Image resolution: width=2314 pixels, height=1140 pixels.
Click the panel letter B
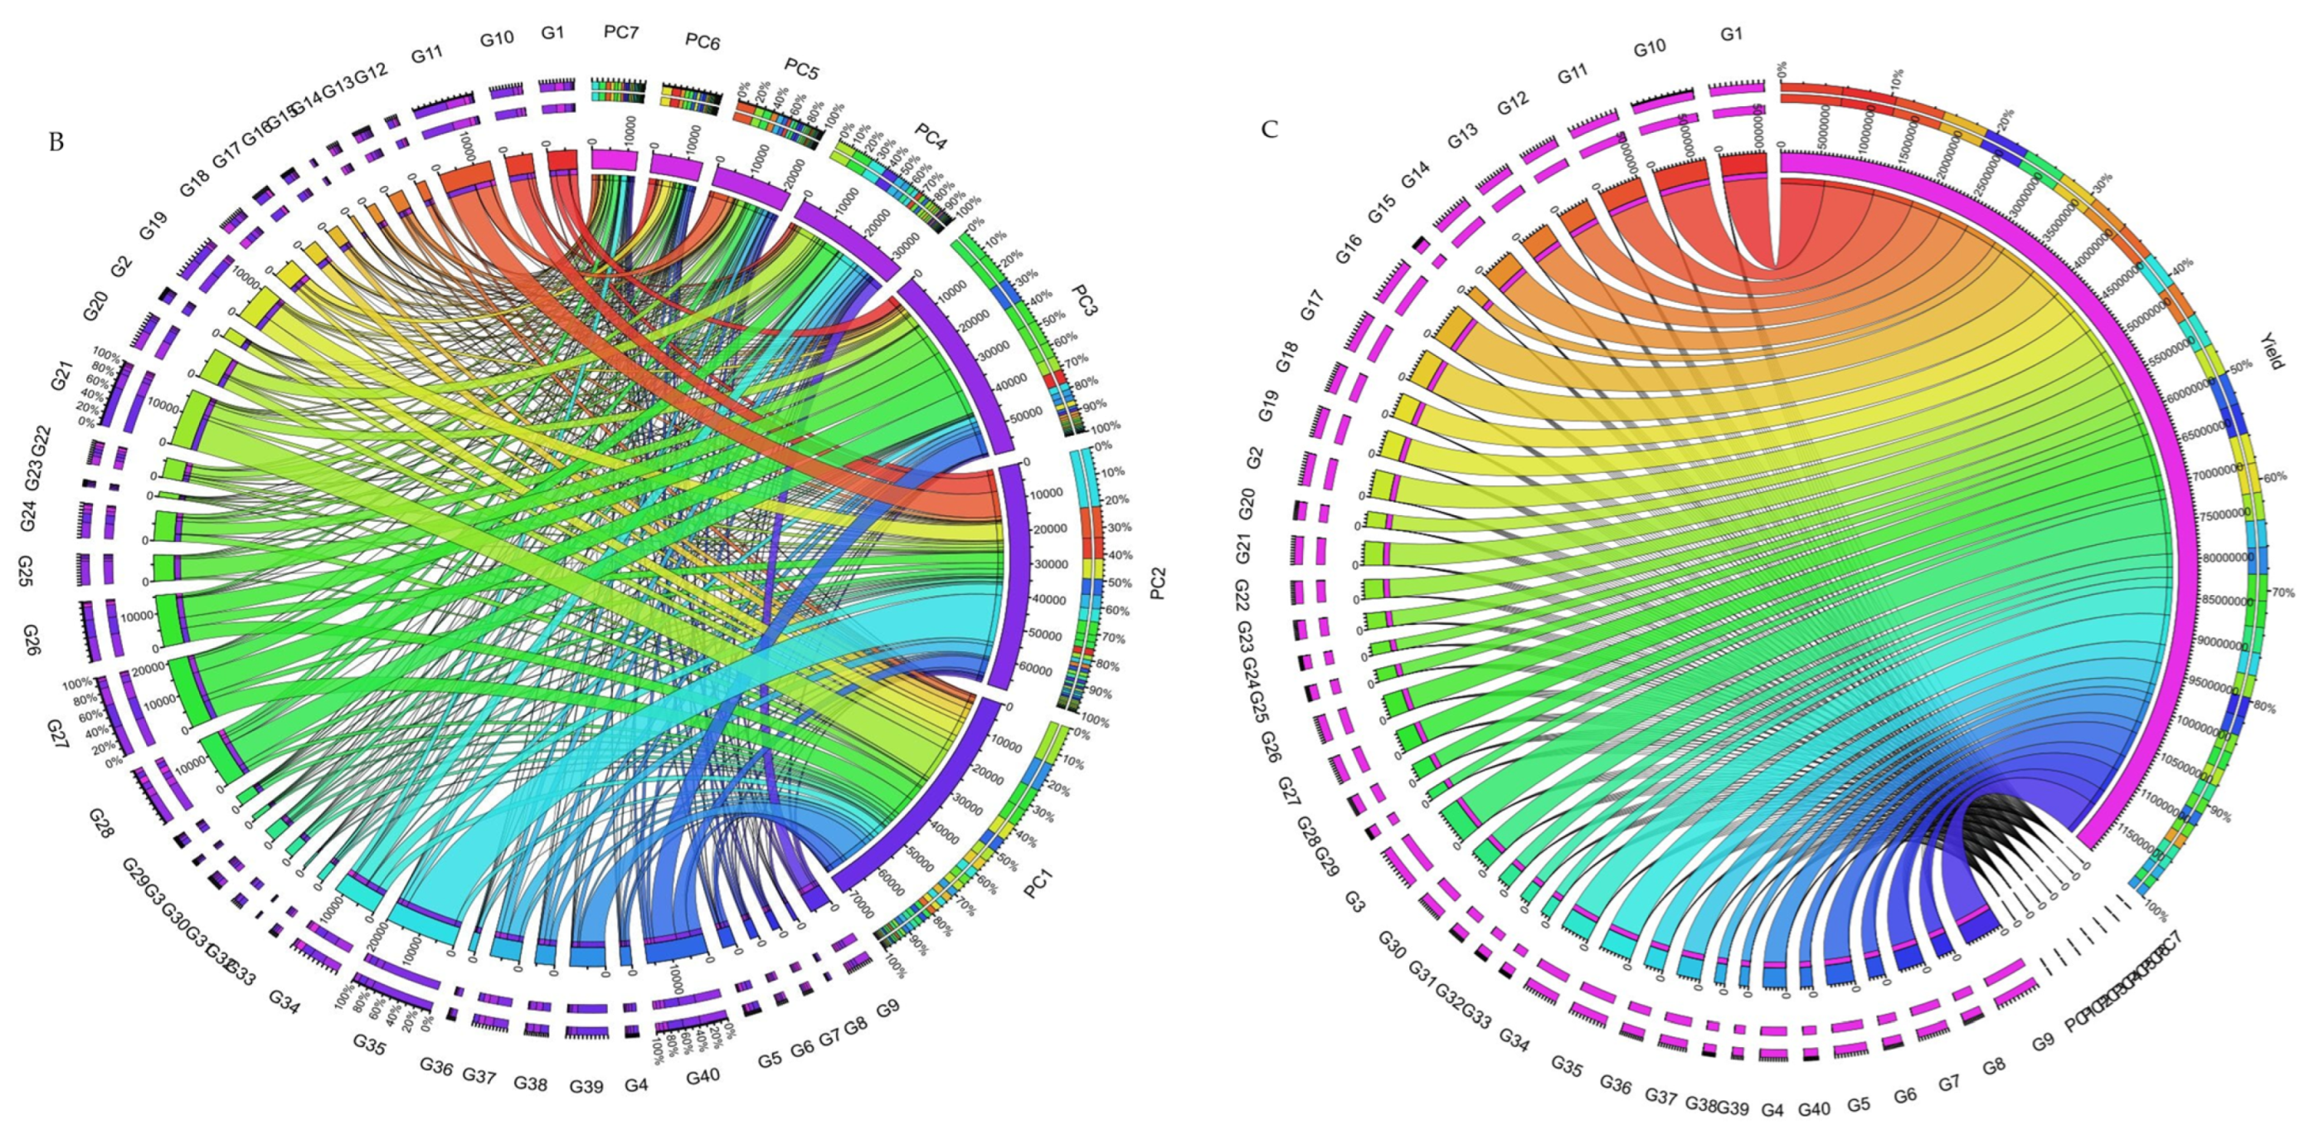tap(56, 143)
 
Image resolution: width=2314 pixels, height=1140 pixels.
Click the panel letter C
tap(1269, 130)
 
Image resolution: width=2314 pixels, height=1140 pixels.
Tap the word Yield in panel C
tap(2273, 351)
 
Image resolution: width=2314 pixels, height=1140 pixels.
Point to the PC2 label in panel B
tap(1157, 583)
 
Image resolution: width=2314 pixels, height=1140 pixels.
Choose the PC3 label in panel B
tap(1084, 301)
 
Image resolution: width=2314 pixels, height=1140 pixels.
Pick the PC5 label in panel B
tap(801, 69)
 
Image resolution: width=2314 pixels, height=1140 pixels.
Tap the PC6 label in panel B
tap(702, 41)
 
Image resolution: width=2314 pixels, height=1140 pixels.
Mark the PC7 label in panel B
tap(620, 32)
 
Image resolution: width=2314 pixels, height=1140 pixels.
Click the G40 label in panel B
tap(702, 1075)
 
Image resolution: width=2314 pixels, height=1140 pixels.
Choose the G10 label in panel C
tap(1650, 47)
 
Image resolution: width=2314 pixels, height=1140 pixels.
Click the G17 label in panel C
tap(1312, 305)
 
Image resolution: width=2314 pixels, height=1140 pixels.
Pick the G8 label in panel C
tap(1994, 1066)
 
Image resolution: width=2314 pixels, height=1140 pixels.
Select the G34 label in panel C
tap(1514, 1040)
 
